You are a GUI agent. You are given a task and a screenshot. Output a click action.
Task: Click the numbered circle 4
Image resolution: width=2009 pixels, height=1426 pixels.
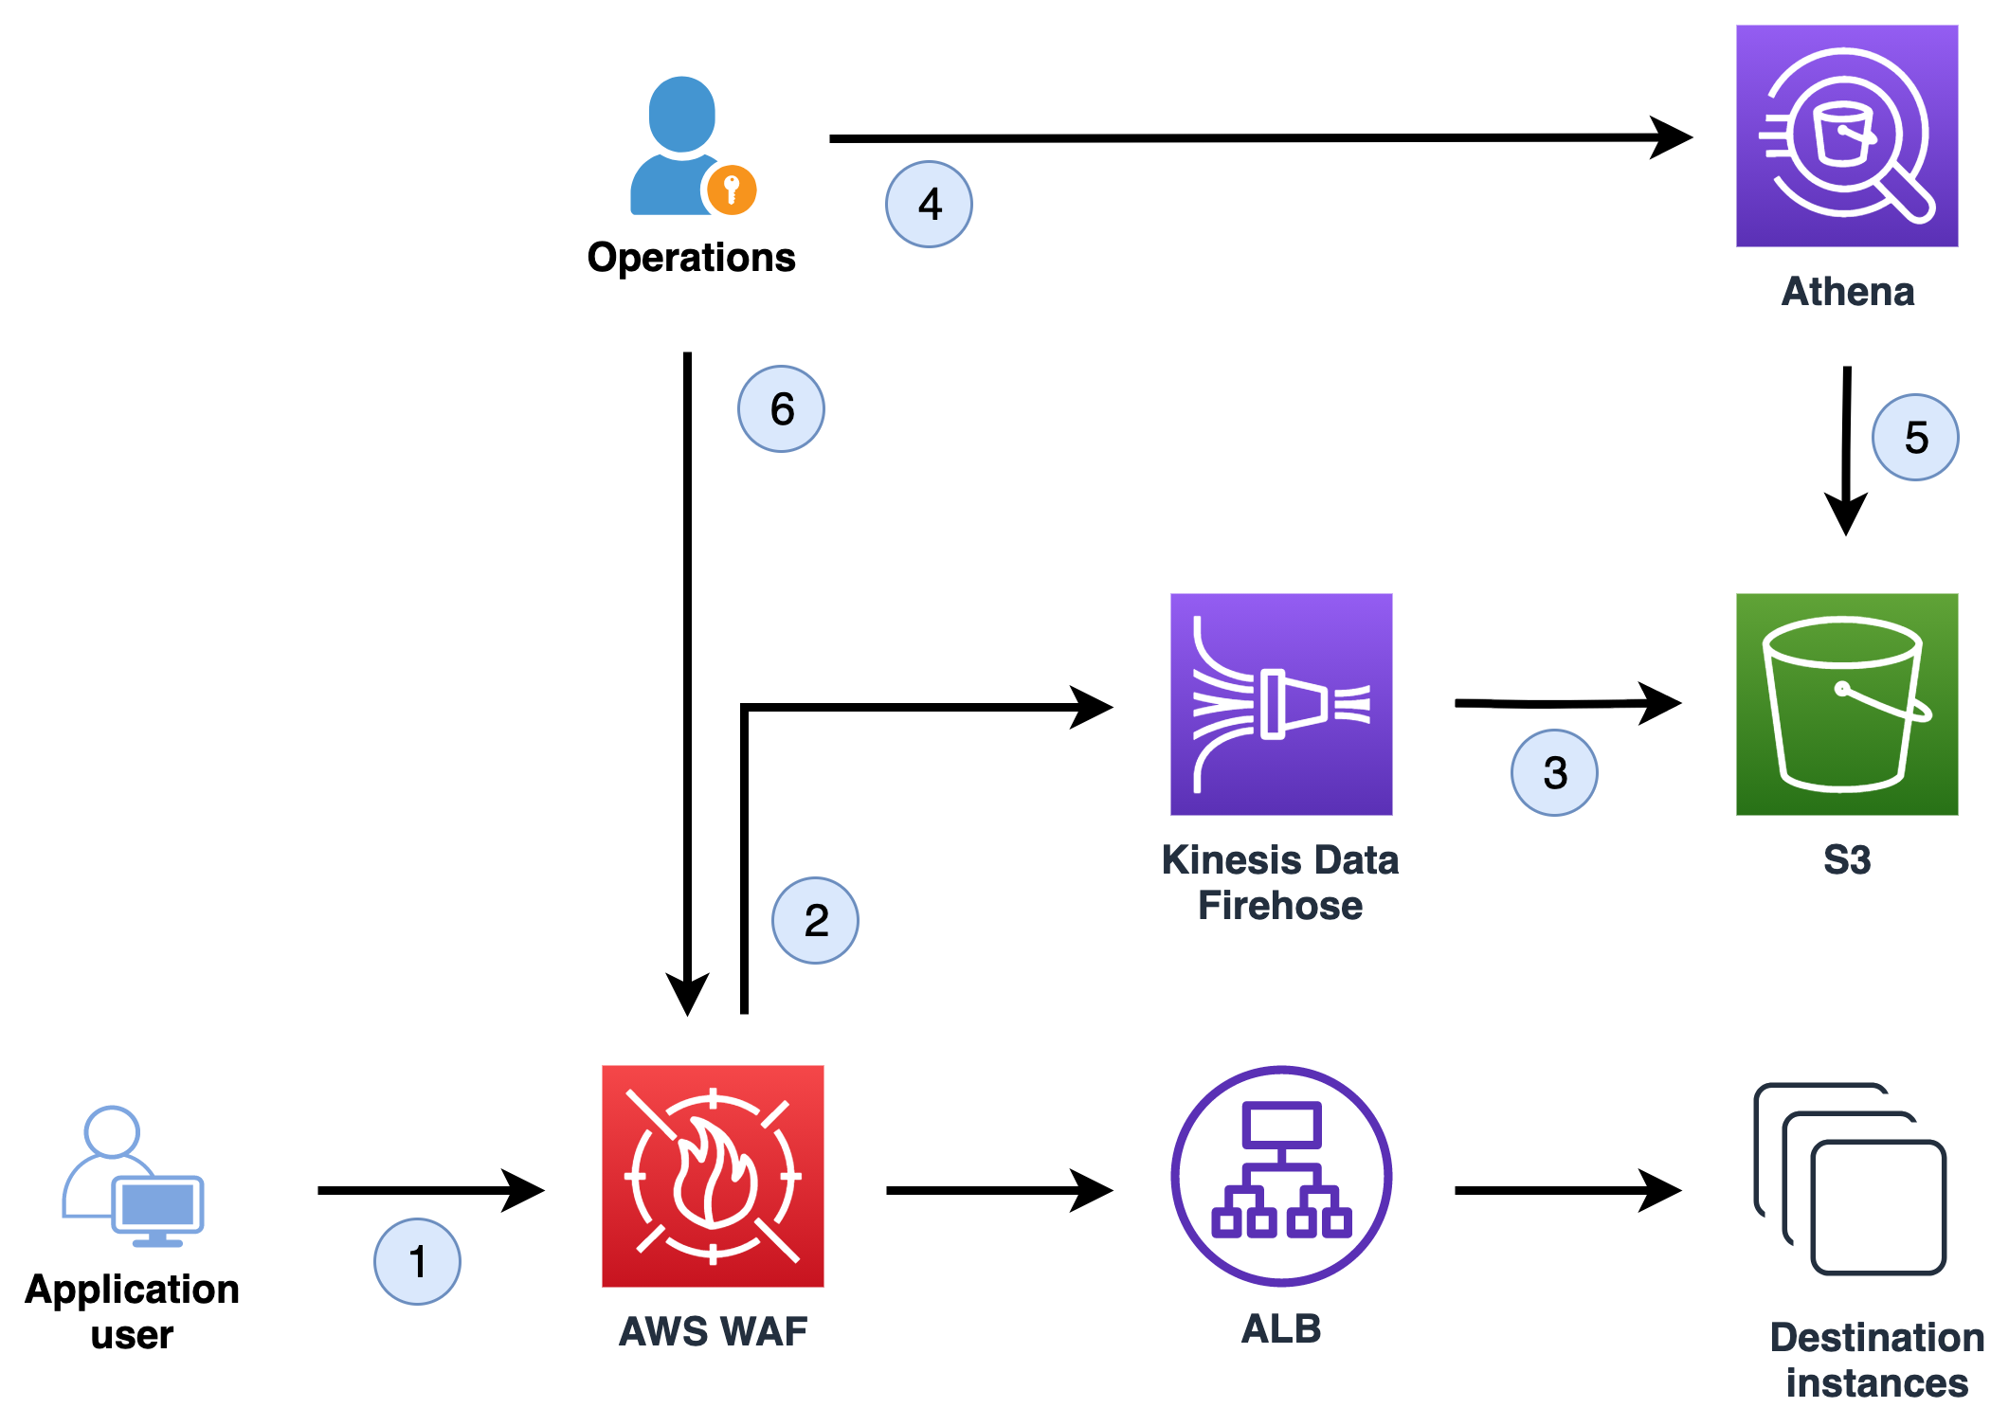pyautogui.click(x=929, y=205)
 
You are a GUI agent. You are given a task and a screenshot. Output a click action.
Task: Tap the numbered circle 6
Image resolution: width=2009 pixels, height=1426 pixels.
pyautogui.click(x=781, y=409)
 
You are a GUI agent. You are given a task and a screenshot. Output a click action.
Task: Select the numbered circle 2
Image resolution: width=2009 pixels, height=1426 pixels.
pyautogui.click(x=815, y=920)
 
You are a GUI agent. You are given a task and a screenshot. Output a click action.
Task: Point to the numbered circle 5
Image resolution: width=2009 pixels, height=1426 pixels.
pyautogui.click(x=1915, y=438)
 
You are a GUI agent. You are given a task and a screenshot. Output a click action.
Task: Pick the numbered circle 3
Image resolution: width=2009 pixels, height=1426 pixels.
pyautogui.click(x=1554, y=772)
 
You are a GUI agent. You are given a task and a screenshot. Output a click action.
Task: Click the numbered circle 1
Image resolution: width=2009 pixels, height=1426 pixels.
pyautogui.click(x=417, y=1261)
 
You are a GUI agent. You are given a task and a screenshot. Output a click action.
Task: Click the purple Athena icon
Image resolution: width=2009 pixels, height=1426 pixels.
pyautogui.click(x=1846, y=135)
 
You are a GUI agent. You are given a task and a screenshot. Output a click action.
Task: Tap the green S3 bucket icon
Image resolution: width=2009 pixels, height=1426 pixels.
pyautogui.click(x=1846, y=704)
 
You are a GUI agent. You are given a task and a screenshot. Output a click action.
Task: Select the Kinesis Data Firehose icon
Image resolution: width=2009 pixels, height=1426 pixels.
pyautogui.click(x=1280, y=704)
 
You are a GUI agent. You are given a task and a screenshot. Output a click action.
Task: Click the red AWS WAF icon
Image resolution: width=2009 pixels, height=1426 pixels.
pyautogui.click(x=713, y=1176)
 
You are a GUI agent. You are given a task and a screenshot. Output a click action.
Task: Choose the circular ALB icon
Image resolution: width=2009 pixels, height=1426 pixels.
pyautogui.click(x=1281, y=1176)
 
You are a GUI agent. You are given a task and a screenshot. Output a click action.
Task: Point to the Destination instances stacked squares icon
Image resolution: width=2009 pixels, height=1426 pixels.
pyautogui.click(x=1850, y=1180)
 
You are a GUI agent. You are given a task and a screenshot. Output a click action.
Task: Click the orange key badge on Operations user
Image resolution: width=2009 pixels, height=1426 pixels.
pyautogui.click(x=732, y=190)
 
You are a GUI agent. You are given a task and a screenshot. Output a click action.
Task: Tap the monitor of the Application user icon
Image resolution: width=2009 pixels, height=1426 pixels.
pyautogui.click(x=157, y=1205)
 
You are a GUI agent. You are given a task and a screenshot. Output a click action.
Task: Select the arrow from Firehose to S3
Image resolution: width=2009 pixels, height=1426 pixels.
pyautogui.click(x=1564, y=703)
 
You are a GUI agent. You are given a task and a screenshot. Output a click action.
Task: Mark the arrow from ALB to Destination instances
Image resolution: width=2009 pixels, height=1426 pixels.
pyautogui.click(x=1564, y=1190)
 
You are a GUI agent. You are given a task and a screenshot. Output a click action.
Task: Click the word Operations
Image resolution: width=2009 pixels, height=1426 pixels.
pyautogui.click(x=691, y=258)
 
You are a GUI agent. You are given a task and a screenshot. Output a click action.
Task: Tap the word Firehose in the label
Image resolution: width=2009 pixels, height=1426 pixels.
pyautogui.click(x=1279, y=906)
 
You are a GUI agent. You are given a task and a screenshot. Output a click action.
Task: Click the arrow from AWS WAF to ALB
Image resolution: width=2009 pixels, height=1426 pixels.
pyautogui.click(x=995, y=1190)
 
